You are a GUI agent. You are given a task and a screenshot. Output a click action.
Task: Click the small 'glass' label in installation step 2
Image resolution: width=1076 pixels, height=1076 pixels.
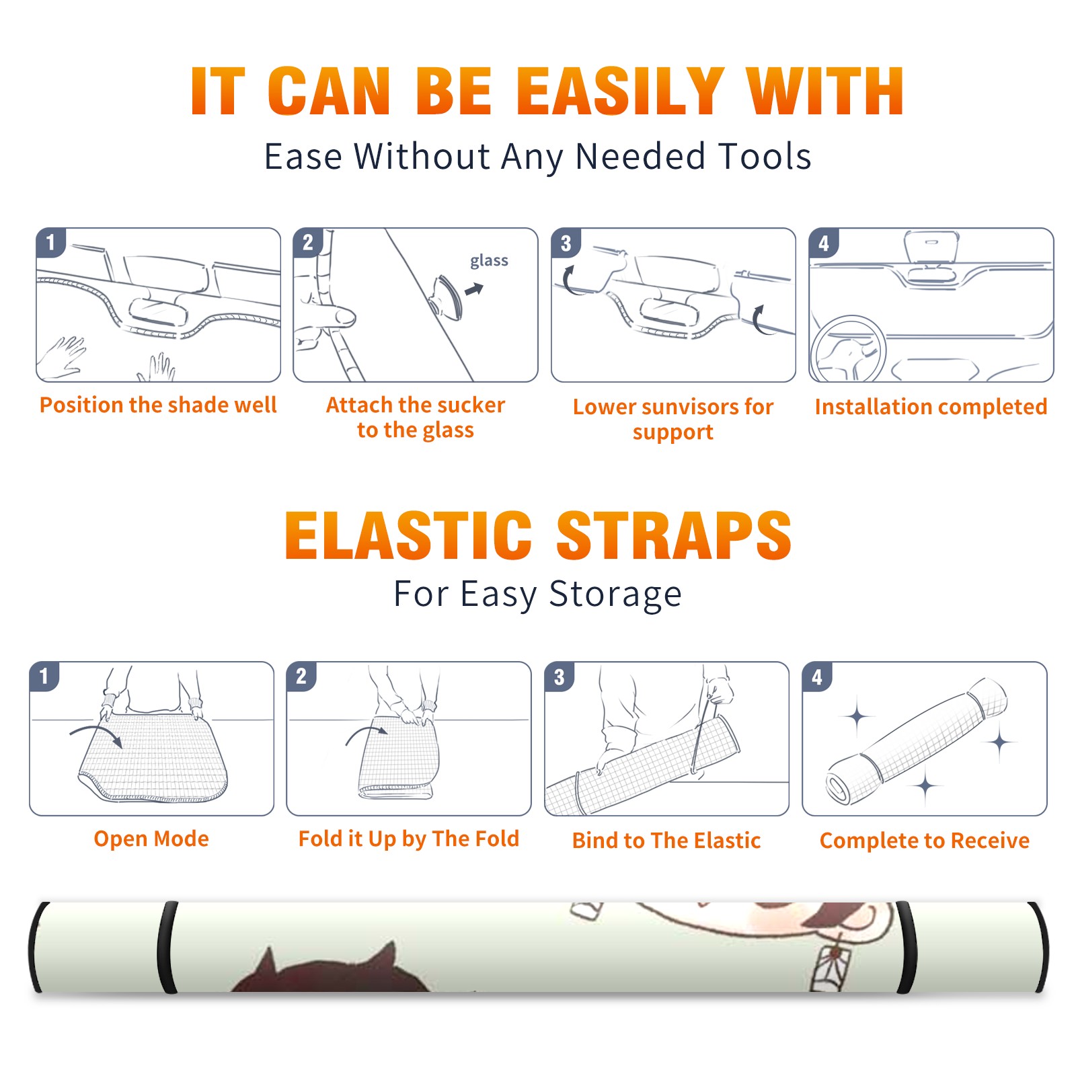coord(489,261)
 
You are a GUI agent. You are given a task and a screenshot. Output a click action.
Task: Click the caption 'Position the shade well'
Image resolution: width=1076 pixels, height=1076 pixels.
coord(158,405)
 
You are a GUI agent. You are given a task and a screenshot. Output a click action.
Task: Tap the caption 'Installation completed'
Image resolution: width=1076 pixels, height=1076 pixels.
coord(931,407)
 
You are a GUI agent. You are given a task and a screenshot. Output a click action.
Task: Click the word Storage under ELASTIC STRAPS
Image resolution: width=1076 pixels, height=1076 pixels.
coord(615,594)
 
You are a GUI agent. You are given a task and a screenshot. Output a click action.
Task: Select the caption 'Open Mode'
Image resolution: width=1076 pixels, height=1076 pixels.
coord(151,839)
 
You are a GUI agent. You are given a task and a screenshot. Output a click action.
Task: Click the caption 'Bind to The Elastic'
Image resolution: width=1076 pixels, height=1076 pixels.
coord(666,841)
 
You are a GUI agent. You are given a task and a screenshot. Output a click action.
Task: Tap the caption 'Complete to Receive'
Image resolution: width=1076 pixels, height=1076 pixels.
coord(925,841)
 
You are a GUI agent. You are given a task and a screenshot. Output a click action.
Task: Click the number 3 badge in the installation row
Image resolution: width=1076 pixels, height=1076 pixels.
coord(566,243)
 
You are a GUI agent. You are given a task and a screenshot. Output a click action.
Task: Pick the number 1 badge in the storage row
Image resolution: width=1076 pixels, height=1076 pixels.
coord(44,676)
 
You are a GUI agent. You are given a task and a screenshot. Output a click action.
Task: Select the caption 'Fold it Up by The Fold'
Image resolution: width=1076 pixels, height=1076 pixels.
coord(409,839)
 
